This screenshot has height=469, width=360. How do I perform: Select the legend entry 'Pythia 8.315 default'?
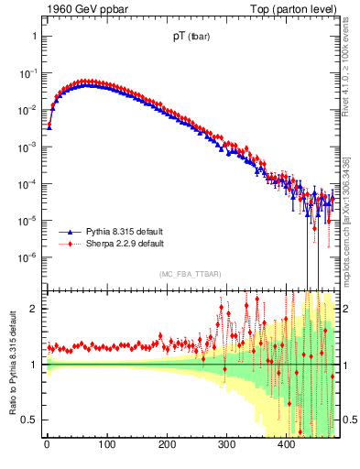pyautogui.click(x=124, y=233)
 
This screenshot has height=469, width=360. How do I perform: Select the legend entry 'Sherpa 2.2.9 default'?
pyautogui.click(x=124, y=245)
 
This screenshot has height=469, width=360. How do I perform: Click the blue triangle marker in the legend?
pyautogui.click(x=65, y=233)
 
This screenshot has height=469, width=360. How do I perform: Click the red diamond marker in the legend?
pyautogui.click(x=65, y=245)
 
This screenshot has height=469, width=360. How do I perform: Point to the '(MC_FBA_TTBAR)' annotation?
pyautogui.click(x=190, y=274)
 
